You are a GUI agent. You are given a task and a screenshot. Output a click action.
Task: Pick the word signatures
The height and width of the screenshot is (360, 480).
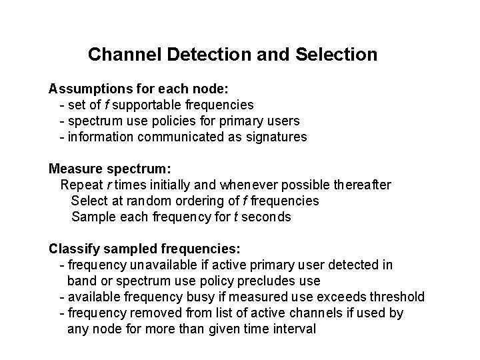pyautogui.click(x=276, y=137)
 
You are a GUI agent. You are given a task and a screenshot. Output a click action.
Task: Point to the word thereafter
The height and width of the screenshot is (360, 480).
pyautogui.click(x=362, y=184)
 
